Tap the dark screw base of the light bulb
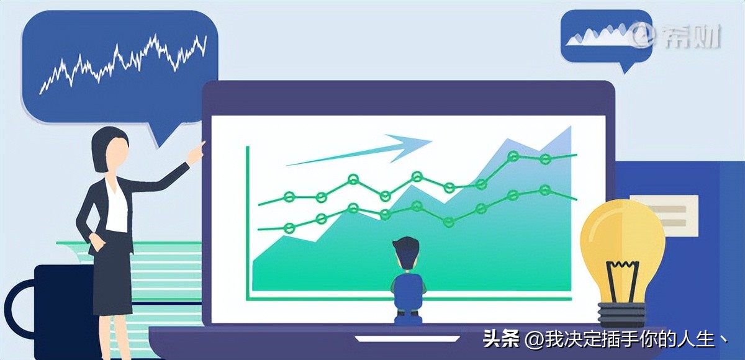pyautogui.click(x=621, y=313)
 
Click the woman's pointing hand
pyautogui.click(x=197, y=151)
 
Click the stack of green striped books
pyautogui.click(x=168, y=273)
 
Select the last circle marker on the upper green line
pyautogui.click(x=545, y=159)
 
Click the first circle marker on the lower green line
pyautogui.click(x=289, y=228)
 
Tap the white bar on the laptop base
pyautogui.click(x=407, y=339)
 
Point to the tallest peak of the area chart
pyautogui.click(x=569, y=128)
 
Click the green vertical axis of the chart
pyautogui.click(x=248, y=217)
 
